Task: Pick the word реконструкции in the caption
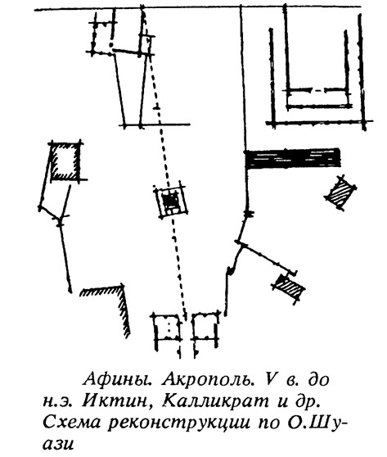(178, 424)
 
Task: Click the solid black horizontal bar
(292, 158)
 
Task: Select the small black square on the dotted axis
(171, 201)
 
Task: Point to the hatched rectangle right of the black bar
(340, 192)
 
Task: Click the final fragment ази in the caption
(59, 445)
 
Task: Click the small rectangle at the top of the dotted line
(146, 46)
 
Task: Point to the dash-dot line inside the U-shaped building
(317, 90)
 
